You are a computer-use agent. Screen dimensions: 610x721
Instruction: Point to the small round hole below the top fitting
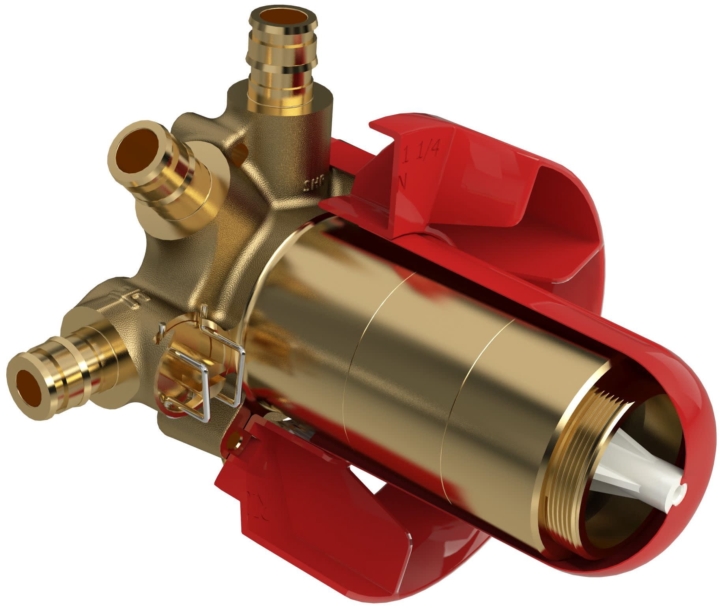pyautogui.click(x=239, y=152)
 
